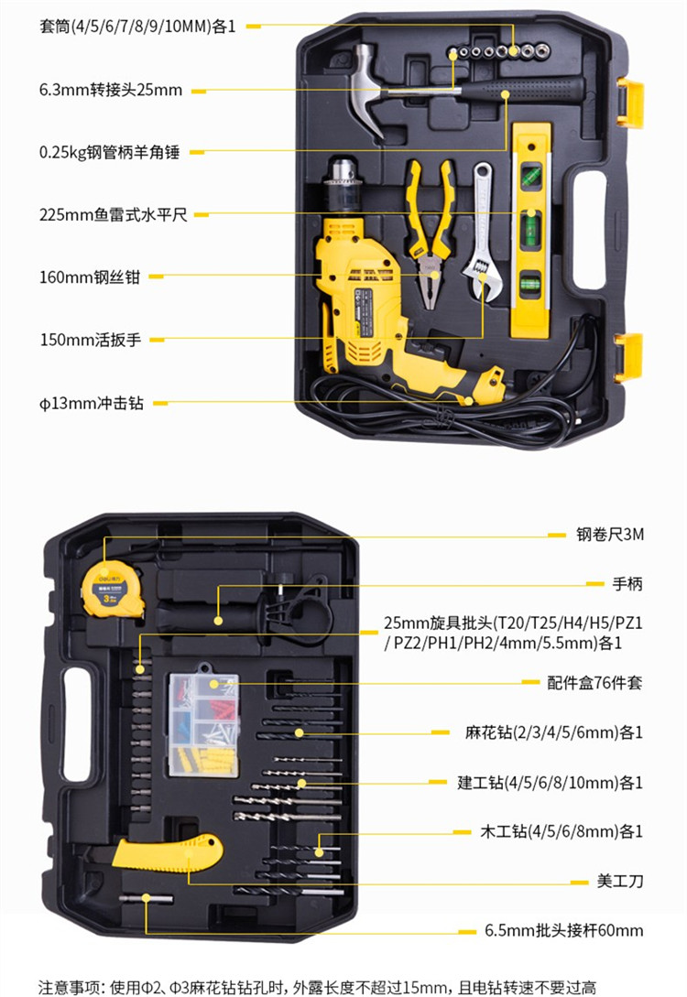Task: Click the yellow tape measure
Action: point(112,589)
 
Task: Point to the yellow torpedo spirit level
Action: point(531,230)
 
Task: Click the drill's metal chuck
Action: point(343,185)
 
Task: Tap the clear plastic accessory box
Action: point(203,725)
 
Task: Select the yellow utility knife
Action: point(168,852)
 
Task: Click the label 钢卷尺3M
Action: point(610,535)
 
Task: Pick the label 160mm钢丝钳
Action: point(90,277)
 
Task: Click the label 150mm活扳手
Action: point(91,340)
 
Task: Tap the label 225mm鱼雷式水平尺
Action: point(114,215)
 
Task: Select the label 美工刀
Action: point(619,881)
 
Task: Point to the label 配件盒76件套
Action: point(594,683)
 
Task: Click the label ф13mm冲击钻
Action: point(92,403)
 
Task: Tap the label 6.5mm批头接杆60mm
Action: point(563,930)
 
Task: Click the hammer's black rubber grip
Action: point(521,90)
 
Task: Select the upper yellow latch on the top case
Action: point(630,103)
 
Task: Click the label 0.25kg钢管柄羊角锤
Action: point(109,153)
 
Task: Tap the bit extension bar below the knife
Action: point(146,898)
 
